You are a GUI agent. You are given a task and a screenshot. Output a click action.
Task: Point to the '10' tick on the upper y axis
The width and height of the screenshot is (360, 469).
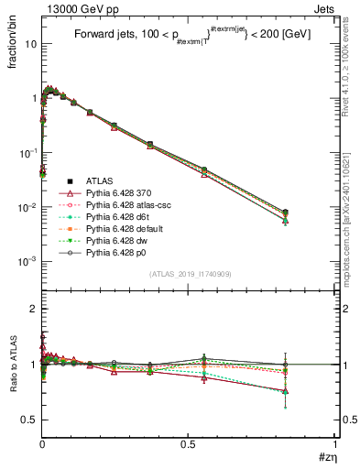(27, 43)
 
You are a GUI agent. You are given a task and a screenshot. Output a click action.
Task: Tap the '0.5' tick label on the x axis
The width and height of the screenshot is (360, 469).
(189, 444)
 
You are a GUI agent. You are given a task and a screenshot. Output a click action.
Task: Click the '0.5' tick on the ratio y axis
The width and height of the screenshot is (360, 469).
(28, 420)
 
